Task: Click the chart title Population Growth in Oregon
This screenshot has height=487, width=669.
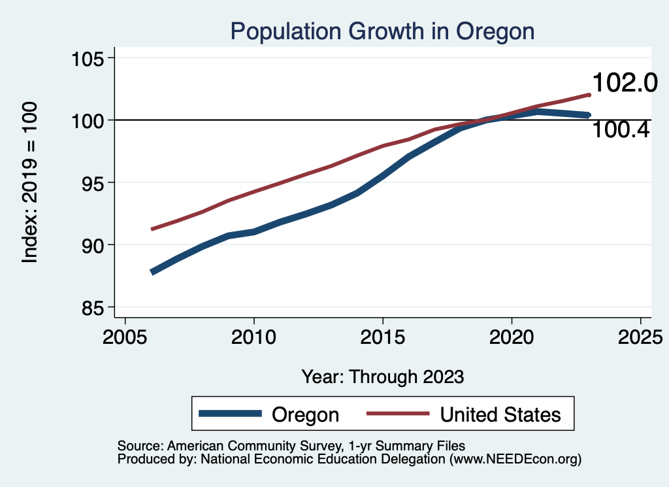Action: [x=382, y=31]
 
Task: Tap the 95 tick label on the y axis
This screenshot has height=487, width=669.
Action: [x=91, y=182]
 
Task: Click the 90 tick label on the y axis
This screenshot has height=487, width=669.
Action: [x=91, y=245]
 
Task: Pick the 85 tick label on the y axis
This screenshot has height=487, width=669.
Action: [x=91, y=307]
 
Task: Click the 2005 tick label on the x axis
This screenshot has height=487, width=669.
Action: [x=125, y=338]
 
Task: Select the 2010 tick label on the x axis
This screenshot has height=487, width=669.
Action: [x=253, y=338]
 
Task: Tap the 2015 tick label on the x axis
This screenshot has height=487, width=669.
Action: [x=382, y=338]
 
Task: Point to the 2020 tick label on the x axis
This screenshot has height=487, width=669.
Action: [x=511, y=338]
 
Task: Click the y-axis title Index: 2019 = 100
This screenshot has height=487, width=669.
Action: [x=30, y=182]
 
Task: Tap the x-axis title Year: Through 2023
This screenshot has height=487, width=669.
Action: [x=382, y=377]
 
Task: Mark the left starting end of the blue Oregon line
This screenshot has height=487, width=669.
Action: [x=152, y=272]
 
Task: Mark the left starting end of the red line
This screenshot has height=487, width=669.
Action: [x=152, y=229]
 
